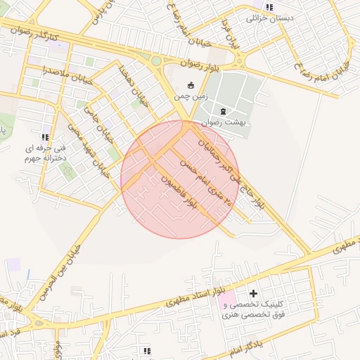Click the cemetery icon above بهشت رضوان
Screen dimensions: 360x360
(x=224, y=111)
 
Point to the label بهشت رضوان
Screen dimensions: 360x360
(x=223, y=122)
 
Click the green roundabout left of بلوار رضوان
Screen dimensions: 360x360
(x=156, y=61)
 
